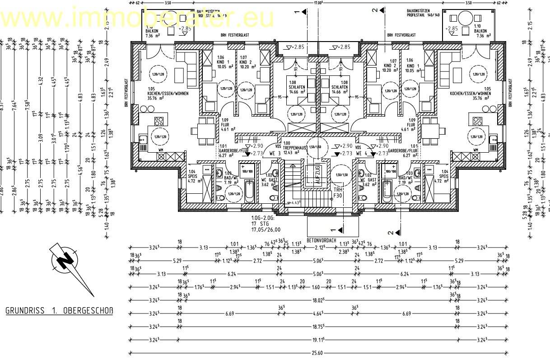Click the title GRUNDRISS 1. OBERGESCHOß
click(x=59, y=311)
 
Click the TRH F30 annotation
click(x=338, y=193)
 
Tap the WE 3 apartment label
click(x=275, y=154)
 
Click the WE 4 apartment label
click(x=363, y=154)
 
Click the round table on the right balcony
click(x=464, y=20)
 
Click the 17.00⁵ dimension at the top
click(x=318, y=3)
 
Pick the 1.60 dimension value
click(x=316, y=287)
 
